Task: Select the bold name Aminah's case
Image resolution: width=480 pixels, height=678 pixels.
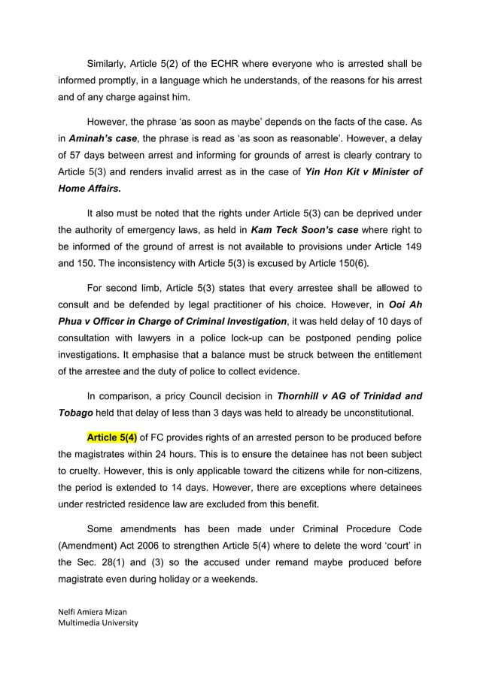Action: click(105, 139)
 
